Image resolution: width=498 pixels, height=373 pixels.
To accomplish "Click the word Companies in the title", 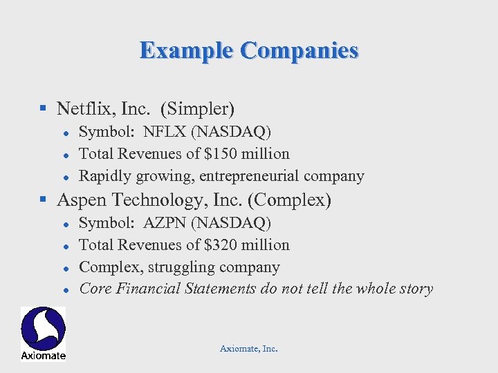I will tap(299, 50).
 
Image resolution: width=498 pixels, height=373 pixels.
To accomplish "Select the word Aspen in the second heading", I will tap(78, 200).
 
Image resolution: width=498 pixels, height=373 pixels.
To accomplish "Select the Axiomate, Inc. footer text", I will tap(248, 349).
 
